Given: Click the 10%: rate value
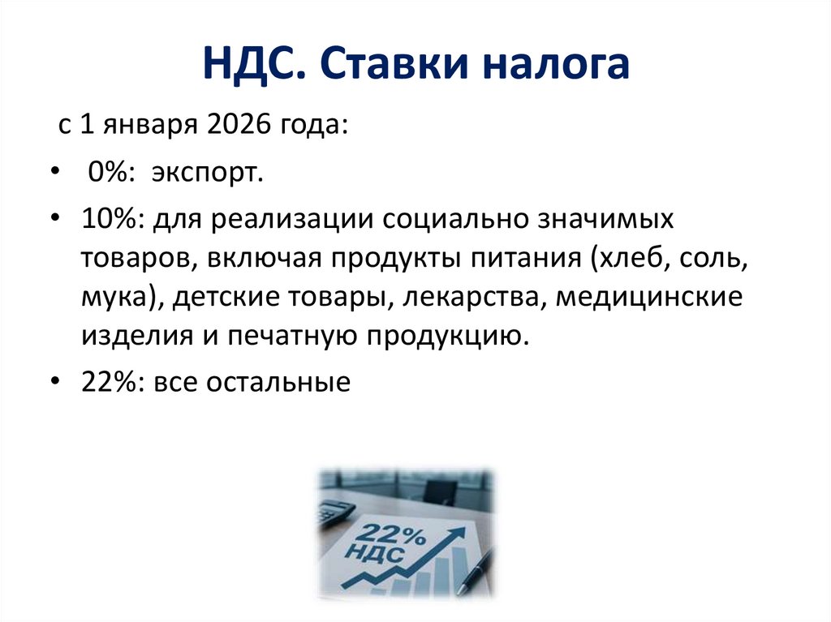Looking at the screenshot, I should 109,220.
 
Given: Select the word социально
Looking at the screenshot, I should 449,220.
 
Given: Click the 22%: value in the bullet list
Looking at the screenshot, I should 109,382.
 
